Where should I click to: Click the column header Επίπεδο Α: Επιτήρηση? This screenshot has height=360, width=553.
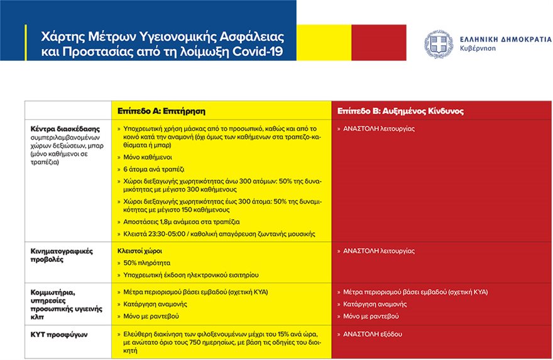tap(162, 111)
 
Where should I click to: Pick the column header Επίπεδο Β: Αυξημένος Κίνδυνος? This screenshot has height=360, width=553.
tap(400, 111)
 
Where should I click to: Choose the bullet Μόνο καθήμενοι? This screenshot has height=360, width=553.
tap(148, 156)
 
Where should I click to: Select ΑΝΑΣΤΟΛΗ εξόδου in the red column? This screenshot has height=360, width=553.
tap(373, 334)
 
